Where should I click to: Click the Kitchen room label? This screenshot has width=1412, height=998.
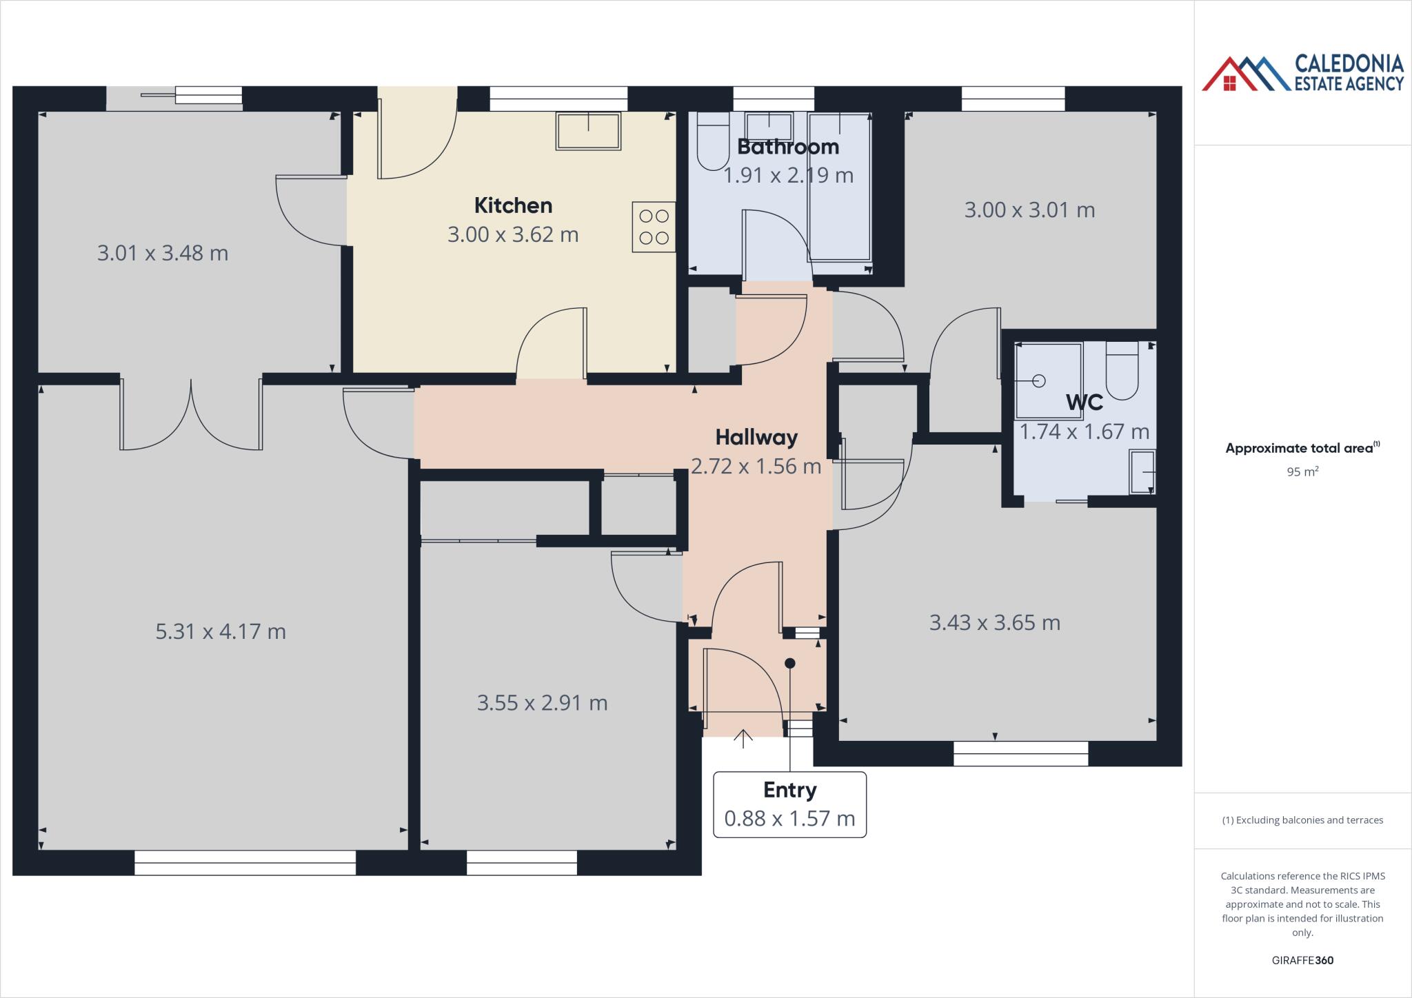click(x=513, y=205)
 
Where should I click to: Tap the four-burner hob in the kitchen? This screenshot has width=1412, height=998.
click(x=654, y=227)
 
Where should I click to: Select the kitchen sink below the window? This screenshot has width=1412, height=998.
click(x=588, y=131)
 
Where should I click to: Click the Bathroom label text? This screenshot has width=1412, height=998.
click(x=788, y=147)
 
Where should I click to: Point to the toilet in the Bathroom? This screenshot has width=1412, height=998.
click(x=713, y=141)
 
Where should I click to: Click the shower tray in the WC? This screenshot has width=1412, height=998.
click(x=1048, y=381)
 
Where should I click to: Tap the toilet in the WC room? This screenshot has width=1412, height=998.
click(x=1121, y=372)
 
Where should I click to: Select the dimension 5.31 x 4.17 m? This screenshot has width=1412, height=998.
click(x=221, y=631)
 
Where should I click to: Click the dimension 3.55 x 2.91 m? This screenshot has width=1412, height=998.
click(x=542, y=703)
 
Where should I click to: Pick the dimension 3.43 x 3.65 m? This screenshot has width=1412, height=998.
click(x=994, y=623)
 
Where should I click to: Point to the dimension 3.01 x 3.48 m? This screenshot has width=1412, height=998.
click(x=163, y=254)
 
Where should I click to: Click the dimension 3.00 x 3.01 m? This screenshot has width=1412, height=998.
click(x=1029, y=210)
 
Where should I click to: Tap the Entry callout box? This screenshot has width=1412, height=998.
click(x=789, y=804)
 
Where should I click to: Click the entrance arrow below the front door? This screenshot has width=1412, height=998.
click(x=743, y=738)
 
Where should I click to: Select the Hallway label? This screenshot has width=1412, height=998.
click(x=756, y=437)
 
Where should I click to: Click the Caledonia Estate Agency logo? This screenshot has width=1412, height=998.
click(x=1302, y=73)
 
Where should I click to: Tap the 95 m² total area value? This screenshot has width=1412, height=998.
click(x=1302, y=472)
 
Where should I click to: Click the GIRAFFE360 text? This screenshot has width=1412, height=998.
click(x=1302, y=960)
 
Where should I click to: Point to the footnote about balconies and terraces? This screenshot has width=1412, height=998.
click(x=1302, y=820)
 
